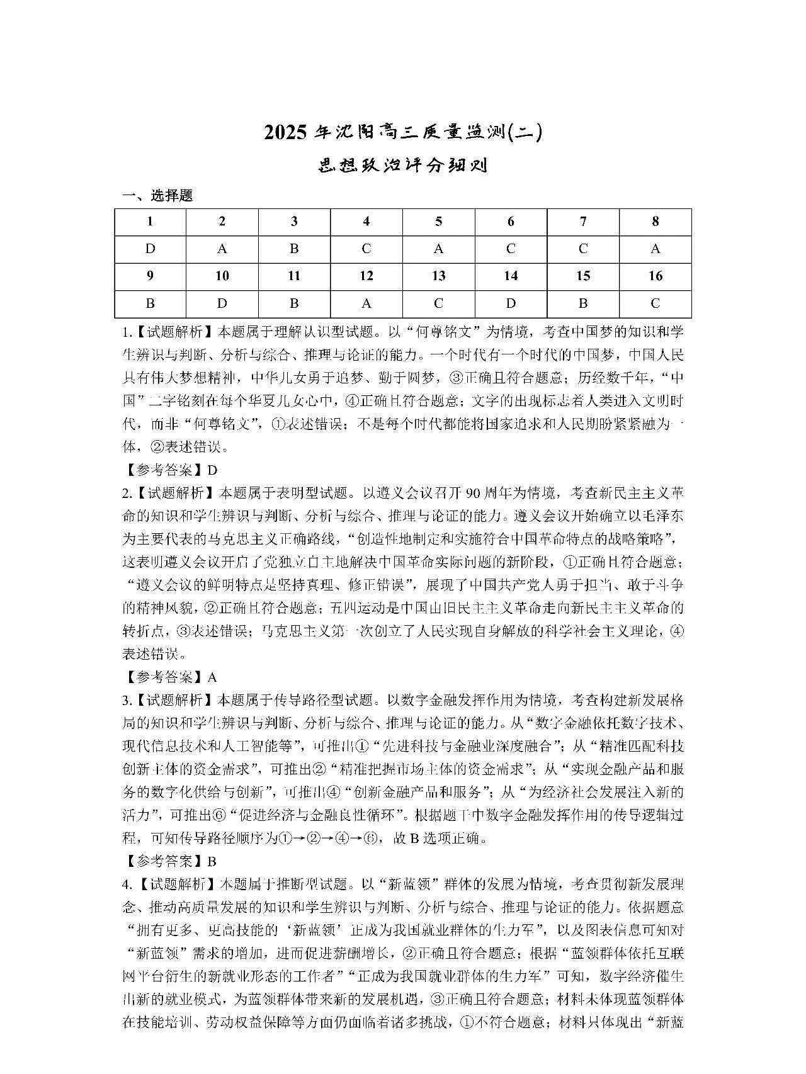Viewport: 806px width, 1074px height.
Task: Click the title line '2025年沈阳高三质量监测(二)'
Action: (x=403, y=133)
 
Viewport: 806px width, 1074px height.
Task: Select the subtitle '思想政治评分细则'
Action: (x=403, y=166)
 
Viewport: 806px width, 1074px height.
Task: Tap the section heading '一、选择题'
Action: (x=157, y=196)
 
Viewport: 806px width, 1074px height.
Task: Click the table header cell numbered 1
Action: (x=150, y=222)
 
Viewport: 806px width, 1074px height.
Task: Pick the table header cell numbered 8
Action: (x=655, y=222)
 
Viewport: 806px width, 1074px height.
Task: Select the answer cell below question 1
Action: (x=150, y=249)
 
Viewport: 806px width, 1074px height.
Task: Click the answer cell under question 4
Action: (x=366, y=249)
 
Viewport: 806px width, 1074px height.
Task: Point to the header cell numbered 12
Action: (x=366, y=276)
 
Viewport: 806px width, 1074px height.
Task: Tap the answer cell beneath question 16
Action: (x=655, y=304)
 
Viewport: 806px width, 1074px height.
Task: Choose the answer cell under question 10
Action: (x=222, y=304)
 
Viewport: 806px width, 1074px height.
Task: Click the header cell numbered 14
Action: (x=511, y=276)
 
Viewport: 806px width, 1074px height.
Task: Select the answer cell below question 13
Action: (x=438, y=304)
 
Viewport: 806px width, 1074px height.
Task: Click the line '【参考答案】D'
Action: (x=170, y=470)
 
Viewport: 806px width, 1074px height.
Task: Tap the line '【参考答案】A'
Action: (x=170, y=677)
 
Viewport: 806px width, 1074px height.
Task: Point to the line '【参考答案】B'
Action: (x=170, y=861)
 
